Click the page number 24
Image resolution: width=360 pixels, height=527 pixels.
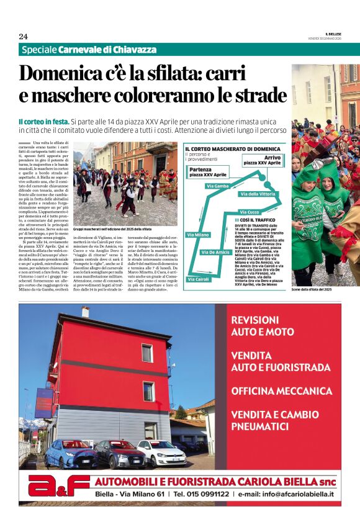coord(23,36)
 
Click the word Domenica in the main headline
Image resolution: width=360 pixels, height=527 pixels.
coord(61,73)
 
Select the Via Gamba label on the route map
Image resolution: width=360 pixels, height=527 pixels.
coord(217,186)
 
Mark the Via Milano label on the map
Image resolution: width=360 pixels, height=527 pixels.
coord(198,235)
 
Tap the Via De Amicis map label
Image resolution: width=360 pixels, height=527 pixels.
coord(217,252)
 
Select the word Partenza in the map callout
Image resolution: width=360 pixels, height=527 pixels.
coord(201,169)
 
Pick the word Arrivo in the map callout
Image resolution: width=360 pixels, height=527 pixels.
coord(272,158)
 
